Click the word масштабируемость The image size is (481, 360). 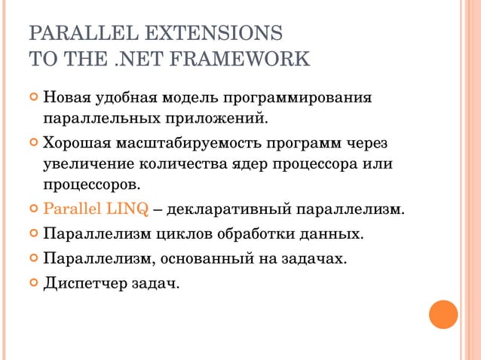[197, 143]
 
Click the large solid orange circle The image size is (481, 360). [443, 314]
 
